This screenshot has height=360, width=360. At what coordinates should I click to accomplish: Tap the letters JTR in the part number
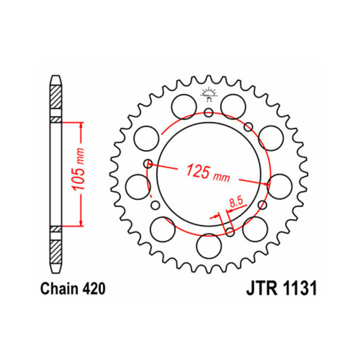click(262, 288)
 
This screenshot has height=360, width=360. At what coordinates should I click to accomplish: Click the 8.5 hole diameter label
click(236, 202)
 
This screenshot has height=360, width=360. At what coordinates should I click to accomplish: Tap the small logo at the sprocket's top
click(208, 94)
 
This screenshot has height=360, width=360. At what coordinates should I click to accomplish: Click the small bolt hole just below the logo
click(208, 112)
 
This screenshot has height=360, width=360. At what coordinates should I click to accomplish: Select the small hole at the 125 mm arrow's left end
click(148, 163)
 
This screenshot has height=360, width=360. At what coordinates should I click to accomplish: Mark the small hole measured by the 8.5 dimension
click(230, 232)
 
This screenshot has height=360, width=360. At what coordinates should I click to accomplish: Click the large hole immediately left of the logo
click(184, 107)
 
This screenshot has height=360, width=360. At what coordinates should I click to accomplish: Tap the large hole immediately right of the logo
click(233, 107)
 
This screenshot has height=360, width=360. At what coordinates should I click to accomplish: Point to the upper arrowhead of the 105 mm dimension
click(81, 126)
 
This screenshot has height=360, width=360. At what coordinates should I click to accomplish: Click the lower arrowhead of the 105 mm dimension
click(81, 223)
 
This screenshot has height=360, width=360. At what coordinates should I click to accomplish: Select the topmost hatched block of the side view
click(56, 97)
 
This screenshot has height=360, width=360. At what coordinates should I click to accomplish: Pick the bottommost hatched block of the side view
click(56, 252)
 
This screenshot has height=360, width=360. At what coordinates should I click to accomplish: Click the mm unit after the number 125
click(221, 177)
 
